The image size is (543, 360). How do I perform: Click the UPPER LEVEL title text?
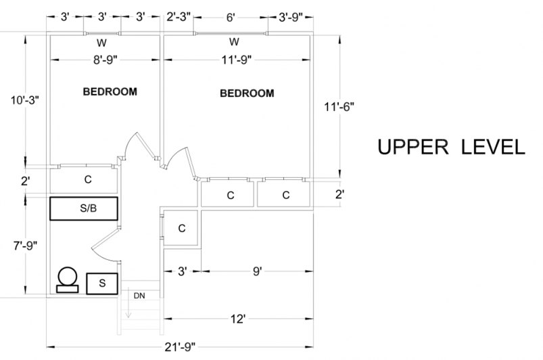click(x=450, y=148)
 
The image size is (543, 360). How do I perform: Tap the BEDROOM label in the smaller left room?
click(x=110, y=91)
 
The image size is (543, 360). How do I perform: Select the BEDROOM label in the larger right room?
click(x=247, y=93)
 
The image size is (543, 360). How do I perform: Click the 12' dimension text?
click(x=237, y=319)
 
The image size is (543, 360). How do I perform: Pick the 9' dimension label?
click(x=257, y=271)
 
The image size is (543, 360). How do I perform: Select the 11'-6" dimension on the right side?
click(x=339, y=106)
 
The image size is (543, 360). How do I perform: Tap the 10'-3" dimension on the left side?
click(x=25, y=100)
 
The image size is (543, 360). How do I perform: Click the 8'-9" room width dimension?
click(x=107, y=59)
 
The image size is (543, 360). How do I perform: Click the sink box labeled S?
click(x=102, y=284)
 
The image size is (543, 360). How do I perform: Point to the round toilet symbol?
click(x=67, y=277)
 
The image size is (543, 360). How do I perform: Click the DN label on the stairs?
click(x=139, y=296)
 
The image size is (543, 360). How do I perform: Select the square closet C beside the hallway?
click(x=181, y=228)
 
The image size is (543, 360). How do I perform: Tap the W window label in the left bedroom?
click(x=101, y=43)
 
